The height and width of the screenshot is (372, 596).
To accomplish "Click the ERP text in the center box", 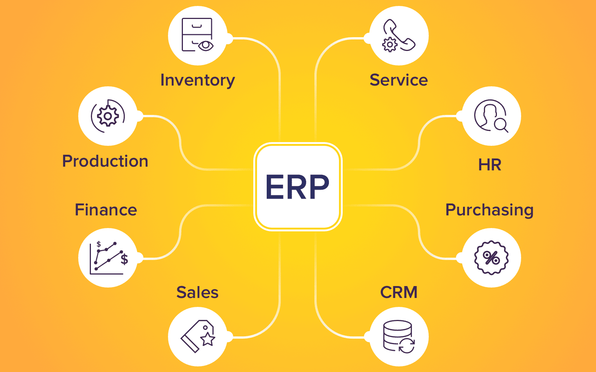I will (297, 187).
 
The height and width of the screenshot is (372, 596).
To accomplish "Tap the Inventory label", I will (197, 80).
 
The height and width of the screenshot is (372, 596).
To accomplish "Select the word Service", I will (399, 80).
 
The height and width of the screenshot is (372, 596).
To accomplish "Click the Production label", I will (105, 161).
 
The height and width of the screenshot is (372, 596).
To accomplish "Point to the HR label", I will (489, 165).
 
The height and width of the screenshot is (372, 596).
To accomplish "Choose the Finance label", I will (106, 210).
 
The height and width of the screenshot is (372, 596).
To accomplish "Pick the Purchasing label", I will (489, 210).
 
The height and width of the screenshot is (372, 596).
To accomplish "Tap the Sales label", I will (197, 292).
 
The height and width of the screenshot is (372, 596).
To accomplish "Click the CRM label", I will (399, 292).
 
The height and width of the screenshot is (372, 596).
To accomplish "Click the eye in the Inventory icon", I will (205, 45).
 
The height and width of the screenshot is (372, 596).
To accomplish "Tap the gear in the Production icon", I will (108, 116).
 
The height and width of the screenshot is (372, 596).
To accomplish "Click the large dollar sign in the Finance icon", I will (124, 259).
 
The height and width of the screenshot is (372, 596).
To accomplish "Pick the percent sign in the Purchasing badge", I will (491, 258).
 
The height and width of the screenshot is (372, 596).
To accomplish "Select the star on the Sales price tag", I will (207, 339).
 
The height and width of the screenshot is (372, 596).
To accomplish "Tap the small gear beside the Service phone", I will (390, 45).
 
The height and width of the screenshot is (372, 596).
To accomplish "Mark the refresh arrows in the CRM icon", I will (407, 346).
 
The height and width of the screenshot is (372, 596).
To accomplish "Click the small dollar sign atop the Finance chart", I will (99, 244).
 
